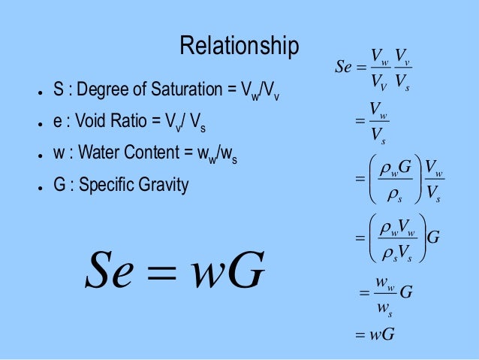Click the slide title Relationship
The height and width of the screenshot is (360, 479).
pyautogui.click(x=239, y=46)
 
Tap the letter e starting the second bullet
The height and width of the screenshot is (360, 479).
pyautogui.click(x=56, y=123)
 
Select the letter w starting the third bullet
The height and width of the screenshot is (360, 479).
pyautogui.click(x=57, y=154)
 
